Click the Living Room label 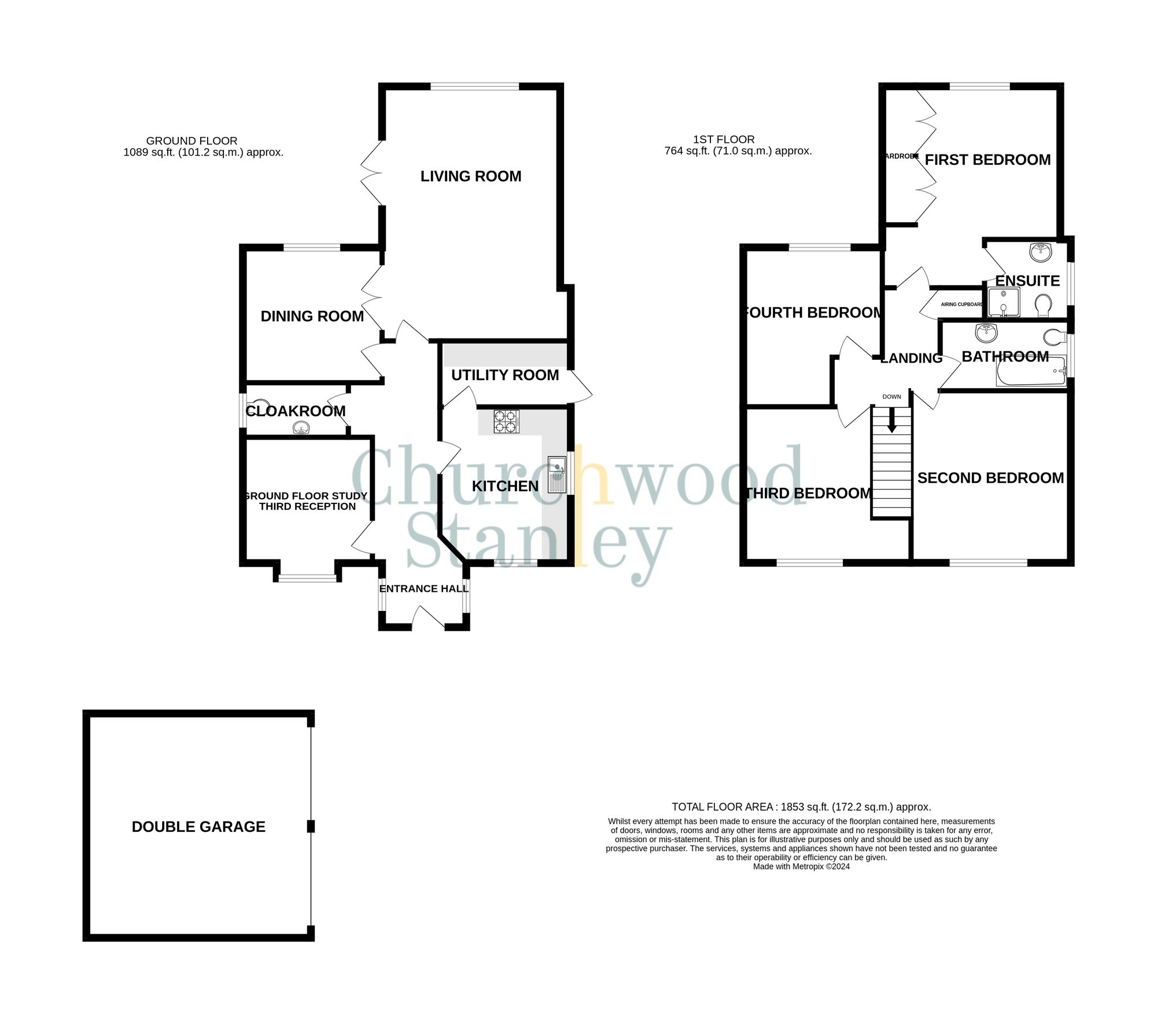coord(470,176)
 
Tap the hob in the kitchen coord(506,421)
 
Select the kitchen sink coord(557,474)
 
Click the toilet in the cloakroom coord(259,404)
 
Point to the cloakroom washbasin coord(301,428)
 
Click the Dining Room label coord(312,316)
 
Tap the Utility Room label coord(504,375)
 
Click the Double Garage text coord(198,827)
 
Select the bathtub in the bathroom coord(1030,371)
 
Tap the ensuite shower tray coord(1004,303)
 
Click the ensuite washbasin coord(1040,251)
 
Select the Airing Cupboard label coord(961,304)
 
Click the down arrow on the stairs coord(891,420)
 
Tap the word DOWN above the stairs coord(891,397)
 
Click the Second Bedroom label coord(990,478)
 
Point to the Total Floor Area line coord(801,806)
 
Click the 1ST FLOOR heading coord(724,139)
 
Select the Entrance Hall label coord(423,589)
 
